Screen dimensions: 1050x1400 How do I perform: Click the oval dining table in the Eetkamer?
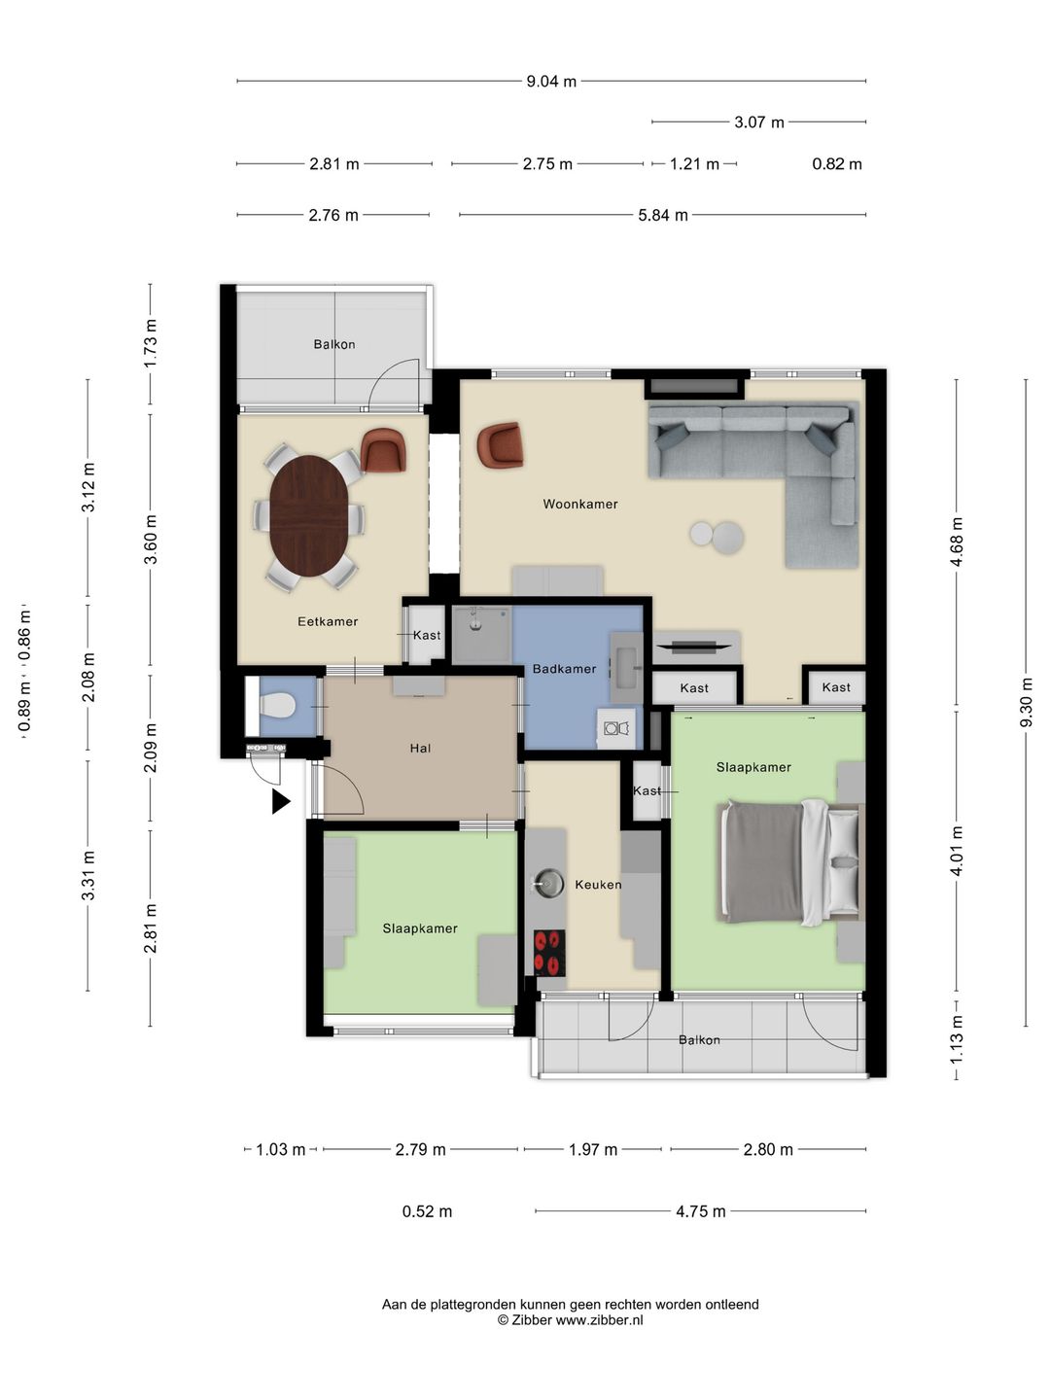(x=309, y=515)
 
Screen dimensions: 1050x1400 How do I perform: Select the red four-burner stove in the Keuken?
(x=549, y=953)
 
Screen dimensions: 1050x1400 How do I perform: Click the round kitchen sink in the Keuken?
(x=548, y=884)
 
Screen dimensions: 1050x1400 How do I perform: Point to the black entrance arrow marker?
(x=281, y=802)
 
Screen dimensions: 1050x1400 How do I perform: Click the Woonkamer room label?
(x=580, y=505)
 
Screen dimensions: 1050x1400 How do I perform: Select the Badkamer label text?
(x=564, y=669)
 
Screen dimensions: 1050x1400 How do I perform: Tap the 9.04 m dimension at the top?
(x=551, y=82)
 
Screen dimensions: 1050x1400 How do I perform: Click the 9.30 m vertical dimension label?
(x=1026, y=702)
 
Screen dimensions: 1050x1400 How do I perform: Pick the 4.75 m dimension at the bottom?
(x=701, y=1211)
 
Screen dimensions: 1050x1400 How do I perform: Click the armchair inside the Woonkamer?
(x=501, y=444)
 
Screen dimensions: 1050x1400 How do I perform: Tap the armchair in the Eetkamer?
(x=383, y=450)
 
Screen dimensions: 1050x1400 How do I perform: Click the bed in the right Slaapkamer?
(x=790, y=862)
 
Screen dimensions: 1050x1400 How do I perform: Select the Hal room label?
(x=420, y=749)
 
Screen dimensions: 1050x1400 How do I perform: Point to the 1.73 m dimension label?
(x=151, y=343)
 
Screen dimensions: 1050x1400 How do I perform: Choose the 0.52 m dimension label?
(x=427, y=1211)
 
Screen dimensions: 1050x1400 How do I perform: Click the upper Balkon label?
(x=334, y=344)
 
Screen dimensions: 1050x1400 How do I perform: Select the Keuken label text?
(x=598, y=885)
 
